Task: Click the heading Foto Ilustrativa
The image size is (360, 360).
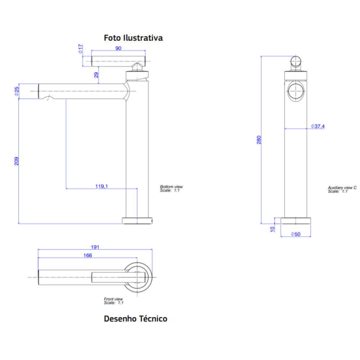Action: click(133, 38)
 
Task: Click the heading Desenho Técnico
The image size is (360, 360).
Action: click(135, 319)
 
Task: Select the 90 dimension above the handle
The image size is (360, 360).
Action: click(118, 48)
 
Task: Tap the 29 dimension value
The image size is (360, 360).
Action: click(96, 75)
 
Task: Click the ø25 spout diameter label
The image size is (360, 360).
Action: click(17, 91)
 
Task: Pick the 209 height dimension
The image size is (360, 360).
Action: click(17, 161)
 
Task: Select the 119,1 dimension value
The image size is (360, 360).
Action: click(102, 186)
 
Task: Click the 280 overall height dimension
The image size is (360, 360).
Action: click(258, 140)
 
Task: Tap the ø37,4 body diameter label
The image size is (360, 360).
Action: click(318, 126)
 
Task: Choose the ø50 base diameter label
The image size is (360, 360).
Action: click(295, 234)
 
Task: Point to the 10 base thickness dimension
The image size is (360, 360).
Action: click(272, 228)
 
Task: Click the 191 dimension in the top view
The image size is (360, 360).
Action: click(95, 247)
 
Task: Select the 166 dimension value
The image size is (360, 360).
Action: click(87, 256)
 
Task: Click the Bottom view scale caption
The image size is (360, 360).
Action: click(171, 189)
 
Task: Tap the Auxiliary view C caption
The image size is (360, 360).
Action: click(342, 189)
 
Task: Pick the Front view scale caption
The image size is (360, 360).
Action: click(114, 301)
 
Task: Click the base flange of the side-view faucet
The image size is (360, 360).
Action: click(138, 221)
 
